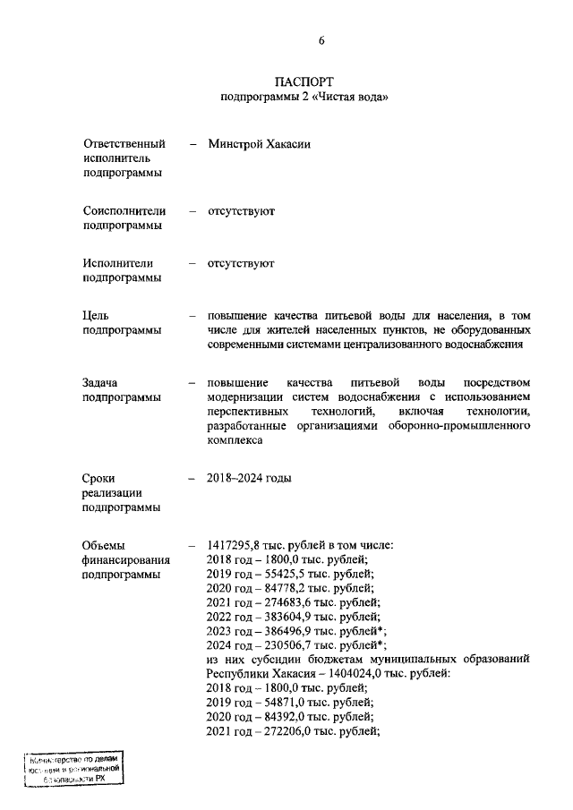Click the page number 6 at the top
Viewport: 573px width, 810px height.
point(321,40)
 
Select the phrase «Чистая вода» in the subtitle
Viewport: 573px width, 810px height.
point(355,97)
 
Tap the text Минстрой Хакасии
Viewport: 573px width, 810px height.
point(260,143)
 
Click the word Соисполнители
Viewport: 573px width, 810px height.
point(124,210)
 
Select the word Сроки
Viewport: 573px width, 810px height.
point(99,478)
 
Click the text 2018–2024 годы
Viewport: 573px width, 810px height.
point(249,478)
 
